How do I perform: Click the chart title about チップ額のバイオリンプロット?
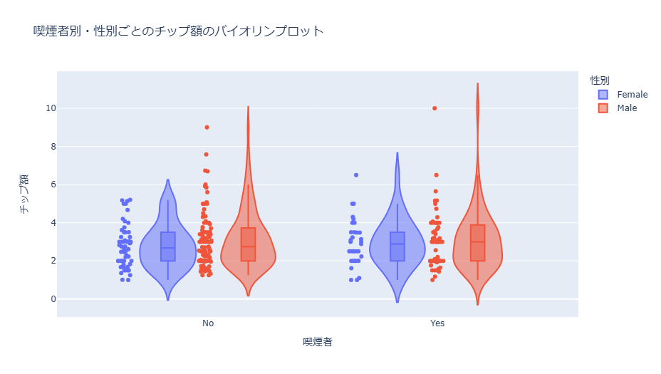tap(178, 31)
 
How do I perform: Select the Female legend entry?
tap(632, 94)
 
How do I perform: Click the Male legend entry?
tap(627, 108)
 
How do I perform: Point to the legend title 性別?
tap(600, 80)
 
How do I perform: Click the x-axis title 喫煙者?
tap(318, 343)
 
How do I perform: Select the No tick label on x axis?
tap(208, 323)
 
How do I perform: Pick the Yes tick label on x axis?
tap(437, 323)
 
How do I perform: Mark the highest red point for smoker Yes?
tap(434, 108)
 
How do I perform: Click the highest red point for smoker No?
tap(207, 128)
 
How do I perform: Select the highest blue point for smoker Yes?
tap(356, 175)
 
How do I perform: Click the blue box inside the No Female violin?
tap(168, 246)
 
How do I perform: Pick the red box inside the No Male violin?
tap(248, 244)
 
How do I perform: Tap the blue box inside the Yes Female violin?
tap(397, 246)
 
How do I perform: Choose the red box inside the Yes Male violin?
tap(477, 243)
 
